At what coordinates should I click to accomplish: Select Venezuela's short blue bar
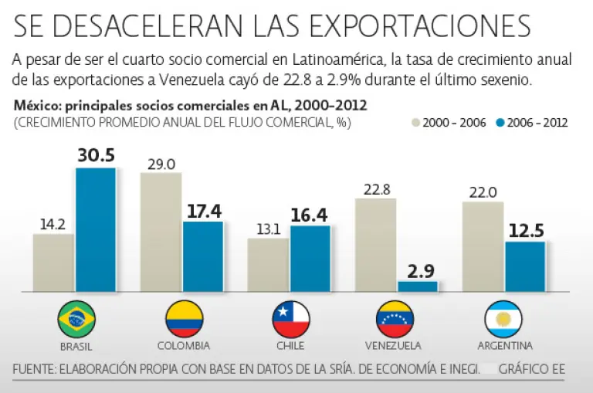pos(418,286)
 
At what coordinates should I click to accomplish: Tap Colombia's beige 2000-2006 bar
pos(161,232)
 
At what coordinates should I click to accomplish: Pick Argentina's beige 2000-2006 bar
pos(483,246)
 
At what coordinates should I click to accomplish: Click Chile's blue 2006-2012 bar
pos(310,258)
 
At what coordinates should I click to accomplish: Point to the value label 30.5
pos(96,155)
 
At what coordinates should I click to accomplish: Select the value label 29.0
pos(160,163)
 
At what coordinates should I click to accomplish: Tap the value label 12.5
pos(525,229)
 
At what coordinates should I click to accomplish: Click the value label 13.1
pos(267,228)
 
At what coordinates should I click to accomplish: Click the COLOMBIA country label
pos(184,345)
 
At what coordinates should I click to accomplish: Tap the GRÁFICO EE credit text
pos(532,369)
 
